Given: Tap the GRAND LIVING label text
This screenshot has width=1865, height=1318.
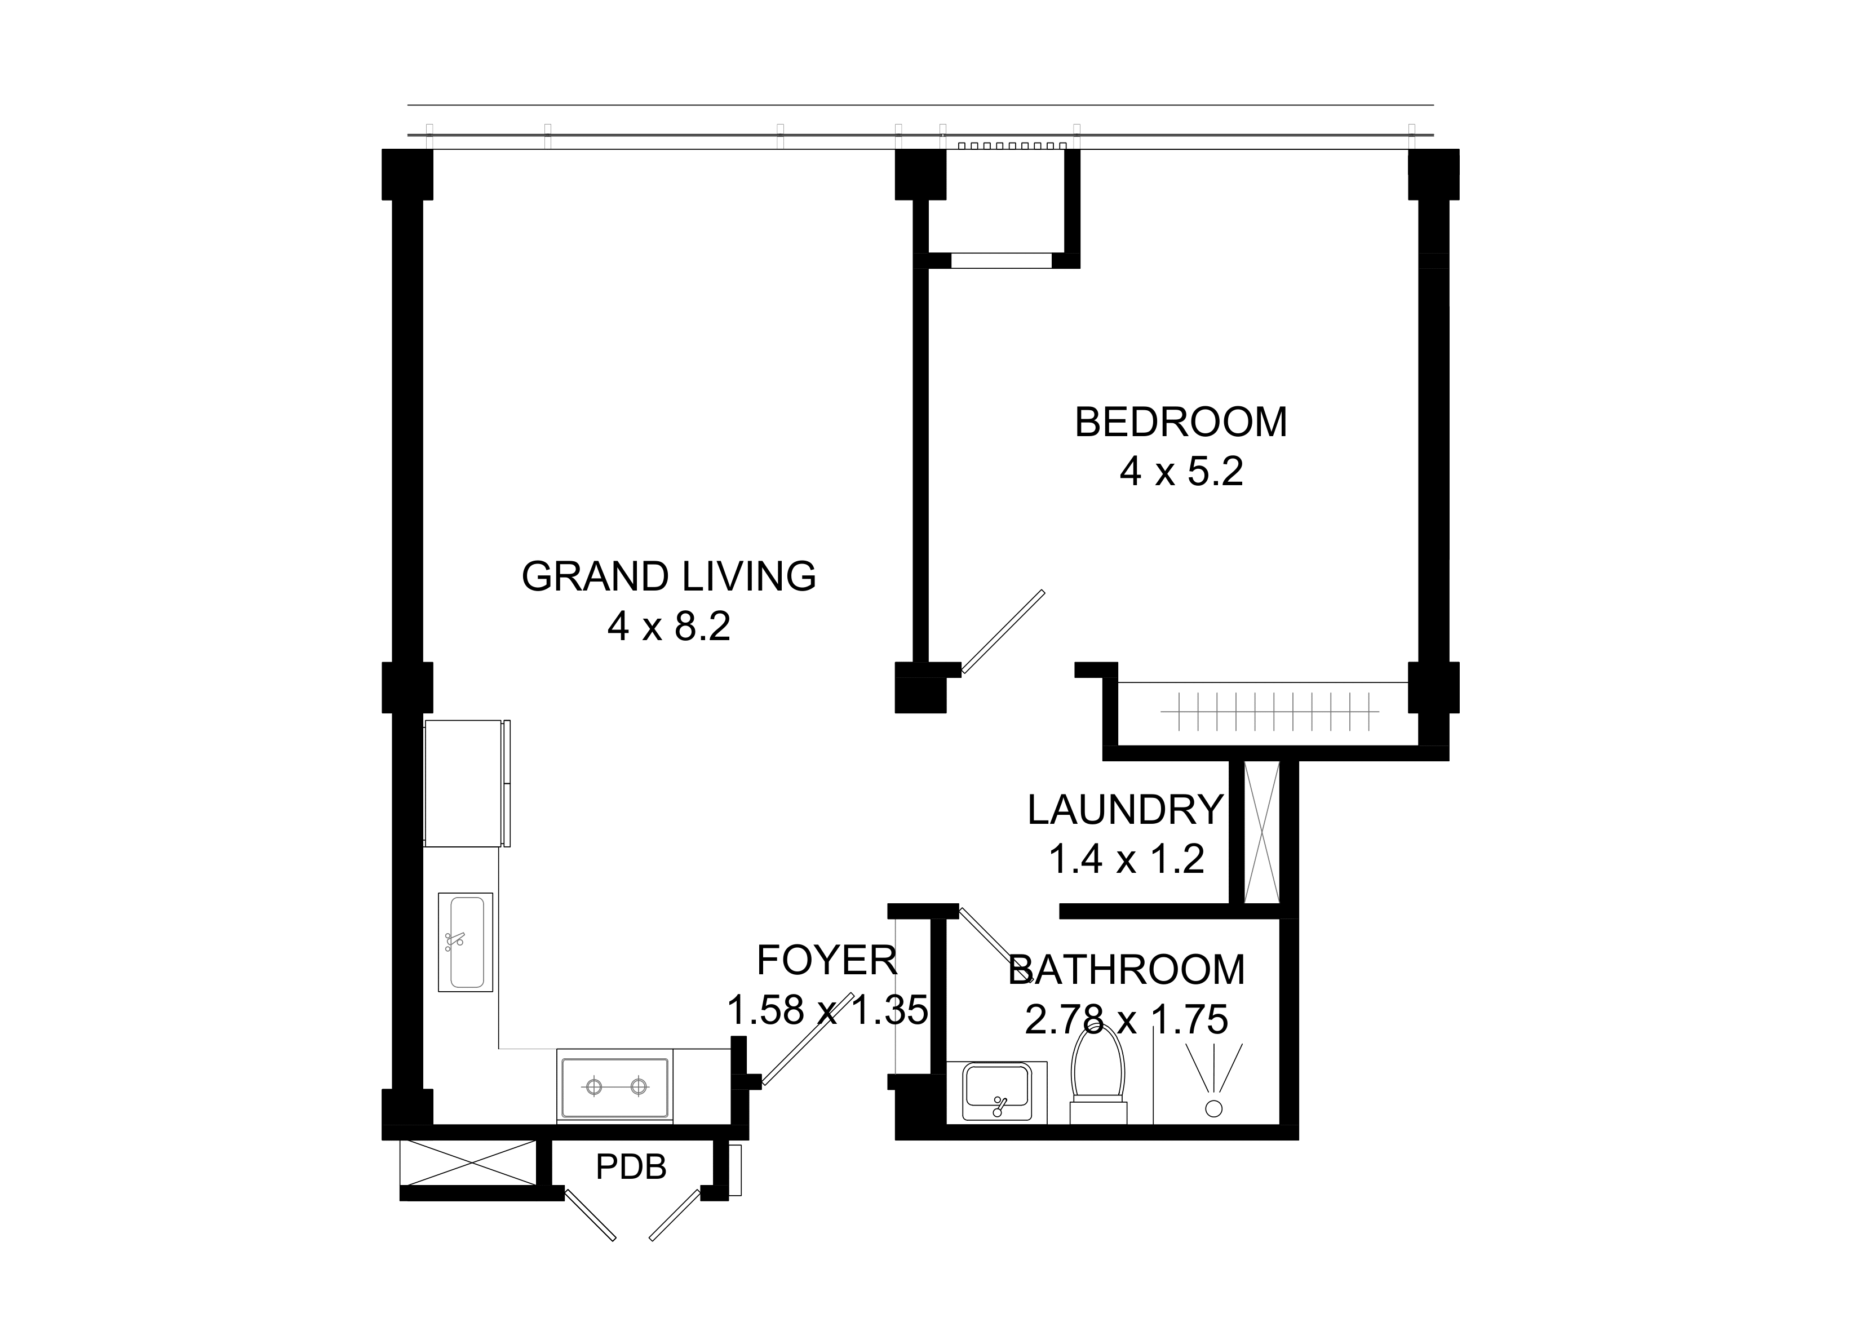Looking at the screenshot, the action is click(668, 576).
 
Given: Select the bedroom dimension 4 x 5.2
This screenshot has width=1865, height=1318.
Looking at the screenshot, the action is click(1181, 472).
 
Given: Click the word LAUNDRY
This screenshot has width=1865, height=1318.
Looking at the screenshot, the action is click(1125, 810).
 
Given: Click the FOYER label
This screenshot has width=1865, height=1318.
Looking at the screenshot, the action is click(827, 961).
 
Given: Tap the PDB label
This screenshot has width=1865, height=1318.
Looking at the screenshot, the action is click(631, 1167).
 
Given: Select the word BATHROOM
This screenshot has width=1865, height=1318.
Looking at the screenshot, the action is click(1126, 970).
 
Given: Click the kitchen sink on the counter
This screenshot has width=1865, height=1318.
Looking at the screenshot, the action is click(466, 942).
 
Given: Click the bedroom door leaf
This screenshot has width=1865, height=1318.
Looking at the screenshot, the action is click(1002, 632).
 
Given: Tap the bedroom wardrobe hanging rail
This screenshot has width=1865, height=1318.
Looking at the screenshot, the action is click(1270, 711).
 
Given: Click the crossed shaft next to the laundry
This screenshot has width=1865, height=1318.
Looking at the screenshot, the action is click(1261, 832).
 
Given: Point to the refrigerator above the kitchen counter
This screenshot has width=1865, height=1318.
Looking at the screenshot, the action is click(467, 783).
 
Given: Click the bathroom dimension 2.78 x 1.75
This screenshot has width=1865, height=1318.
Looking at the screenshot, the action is click(1126, 1020).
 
